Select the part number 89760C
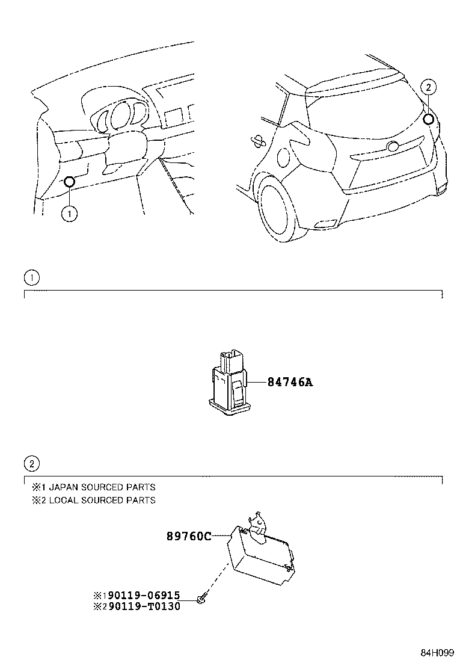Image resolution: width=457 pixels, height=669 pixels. tap(188, 536)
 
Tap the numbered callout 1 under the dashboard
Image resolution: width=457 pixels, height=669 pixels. tap(70, 213)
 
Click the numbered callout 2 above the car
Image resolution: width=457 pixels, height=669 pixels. tap(428, 87)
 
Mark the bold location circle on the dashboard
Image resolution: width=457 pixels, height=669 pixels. tap(69, 182)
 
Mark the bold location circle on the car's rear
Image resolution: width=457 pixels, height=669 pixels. tap(428, 119)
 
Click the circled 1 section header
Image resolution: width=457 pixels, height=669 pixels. tap(31, 277)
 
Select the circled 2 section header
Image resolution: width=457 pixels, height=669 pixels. tap(31, 463)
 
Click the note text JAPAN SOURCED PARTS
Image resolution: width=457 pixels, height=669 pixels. tap(102, 487)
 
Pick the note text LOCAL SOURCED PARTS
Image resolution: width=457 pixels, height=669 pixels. tap(102, 500)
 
